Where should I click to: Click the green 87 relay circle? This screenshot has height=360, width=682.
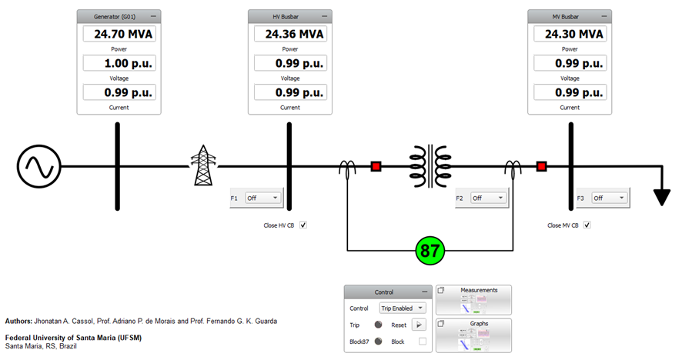pyautogui.click(x=431, y=251)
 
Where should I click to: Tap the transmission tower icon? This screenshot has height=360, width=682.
pyautogui.click(x=202, y=166)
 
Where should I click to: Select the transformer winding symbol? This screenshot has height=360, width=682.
pyautogui.click(x=430, y=165)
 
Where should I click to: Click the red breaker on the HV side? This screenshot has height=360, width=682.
pyautogui.click(x=376, y=166)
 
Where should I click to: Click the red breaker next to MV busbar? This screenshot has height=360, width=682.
pyautogui.click(x=542, y=166)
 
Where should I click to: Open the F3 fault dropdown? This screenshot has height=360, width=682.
pyautogui.click(x=609, y=198)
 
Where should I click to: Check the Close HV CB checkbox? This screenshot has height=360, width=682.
pyautogui.click(x=303, y=225)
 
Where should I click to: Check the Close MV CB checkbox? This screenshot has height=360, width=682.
pyautogui.click(x=587, y=225)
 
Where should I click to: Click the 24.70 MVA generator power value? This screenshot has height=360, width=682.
pyautogui.click(x=119, y=34)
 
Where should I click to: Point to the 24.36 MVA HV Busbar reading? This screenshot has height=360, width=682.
pyautogui.click(x=290, y=34)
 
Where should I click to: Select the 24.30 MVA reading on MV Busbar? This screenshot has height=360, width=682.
pyautogui.click(x=570, y=34)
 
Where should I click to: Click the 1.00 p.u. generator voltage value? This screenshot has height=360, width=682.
pyautogui.click(x=119, y=63)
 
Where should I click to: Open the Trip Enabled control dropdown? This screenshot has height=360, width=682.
pyautogui.click(x=403, y=308)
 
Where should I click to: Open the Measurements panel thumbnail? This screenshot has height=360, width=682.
pyautogui.click(x=474, y=299)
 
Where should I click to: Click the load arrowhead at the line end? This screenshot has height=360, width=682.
pyautogui.click(x=660, y=198)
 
